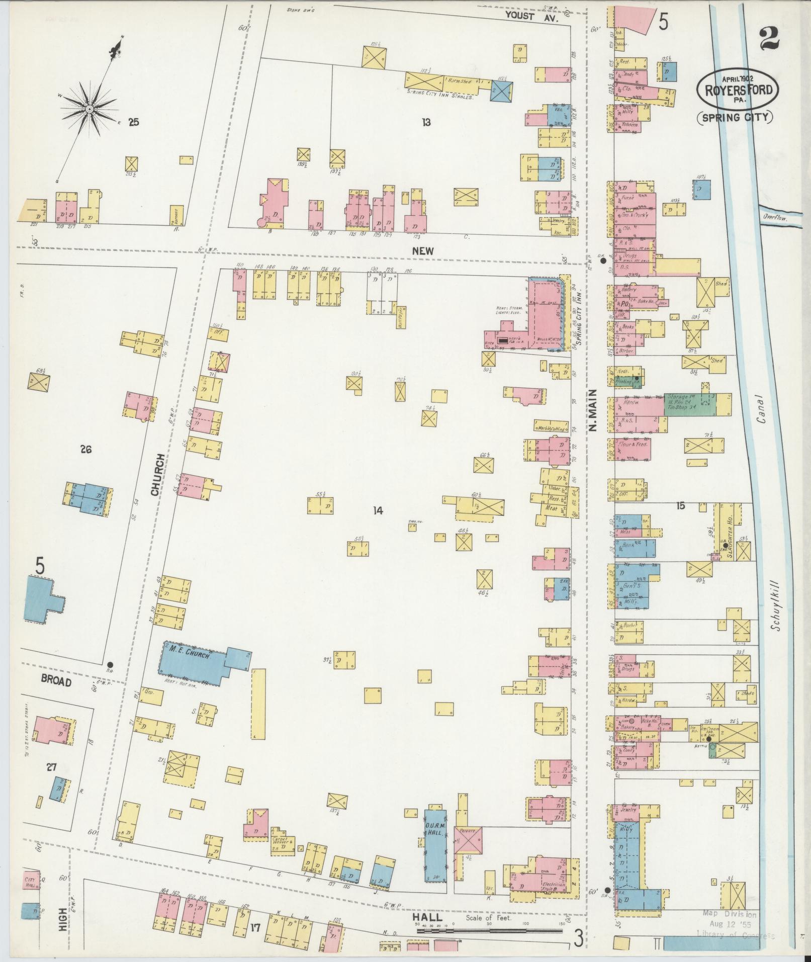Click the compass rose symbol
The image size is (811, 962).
click(x=89, y=109)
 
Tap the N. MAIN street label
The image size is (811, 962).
click(x=592, y=410)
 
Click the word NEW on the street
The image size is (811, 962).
click(x=423, y=250)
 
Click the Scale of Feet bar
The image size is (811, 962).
click(x=489, y=931)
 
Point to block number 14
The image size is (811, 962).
click(x=378, y=511)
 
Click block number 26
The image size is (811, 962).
click(x=86, y=450)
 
